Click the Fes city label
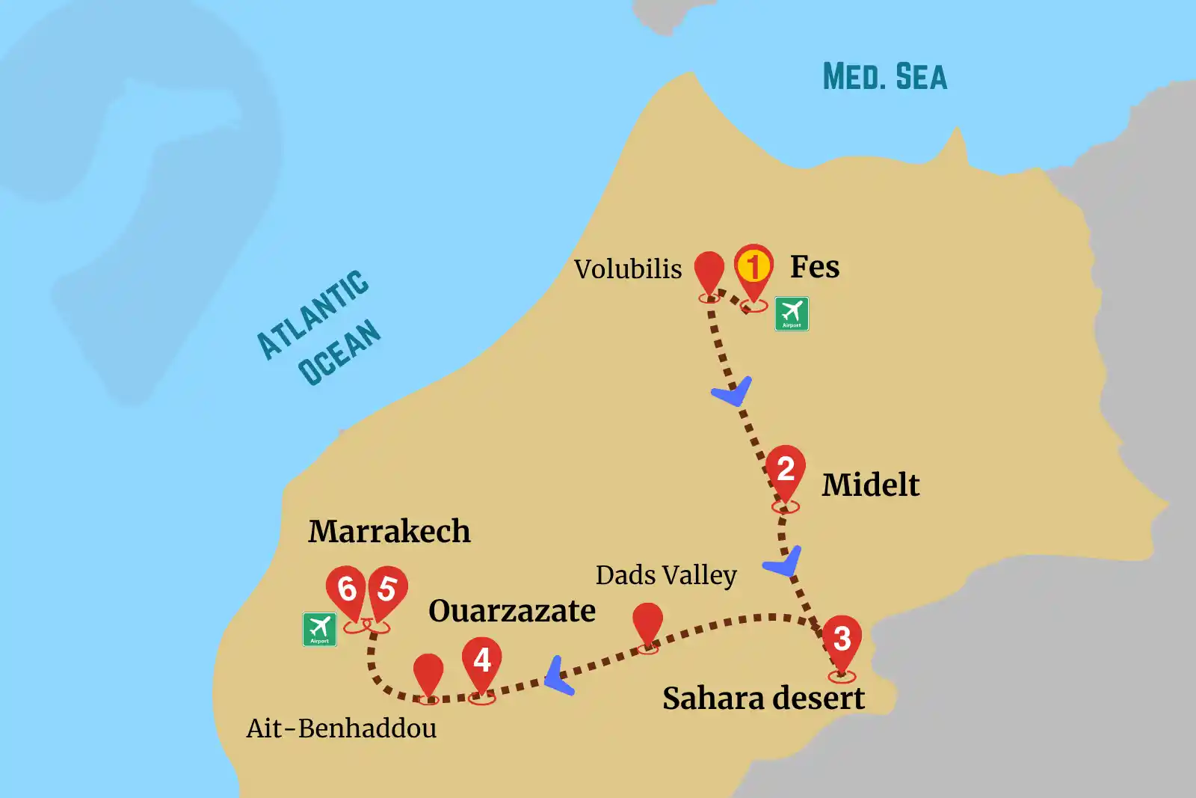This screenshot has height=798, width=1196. [x=815, y=267]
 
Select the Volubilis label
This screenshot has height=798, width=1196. [x=628, y=269]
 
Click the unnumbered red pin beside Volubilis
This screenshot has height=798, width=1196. [x=709, y=271]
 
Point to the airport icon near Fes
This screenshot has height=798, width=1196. [x=792, y=313]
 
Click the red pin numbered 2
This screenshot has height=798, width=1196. [x=786, y=470]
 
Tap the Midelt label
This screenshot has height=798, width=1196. [x=871, y=485]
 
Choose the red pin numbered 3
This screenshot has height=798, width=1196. [x=842, y=639]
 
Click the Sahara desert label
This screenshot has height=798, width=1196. [x=763, y=699]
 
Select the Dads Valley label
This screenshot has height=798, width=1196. [x=666, y=575]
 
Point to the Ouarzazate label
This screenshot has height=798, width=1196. [x=512, y=611]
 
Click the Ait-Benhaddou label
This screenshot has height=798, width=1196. [x=342, y=728]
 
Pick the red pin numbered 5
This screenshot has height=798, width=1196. [x=387, y=589]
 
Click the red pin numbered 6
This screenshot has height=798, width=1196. [x=346, y=589]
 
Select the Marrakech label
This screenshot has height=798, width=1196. [x=389, y=532]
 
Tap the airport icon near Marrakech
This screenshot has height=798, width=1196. [x=319, y=629]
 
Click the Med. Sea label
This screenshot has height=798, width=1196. [x=885, y=77]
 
